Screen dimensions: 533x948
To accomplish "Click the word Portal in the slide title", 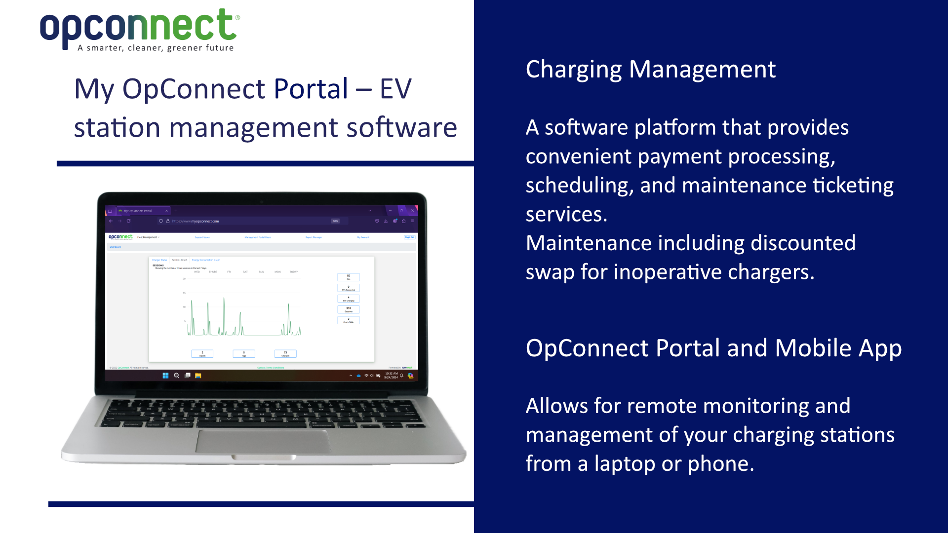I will click(x=311, y=89).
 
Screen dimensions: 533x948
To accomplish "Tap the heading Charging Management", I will click(x=650, y=70).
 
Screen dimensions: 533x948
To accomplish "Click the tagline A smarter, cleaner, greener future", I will click(x=156, y=48).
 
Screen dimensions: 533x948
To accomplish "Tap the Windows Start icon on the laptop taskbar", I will click(x=165, y=376).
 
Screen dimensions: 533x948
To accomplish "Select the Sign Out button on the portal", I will click(x=409, y=237).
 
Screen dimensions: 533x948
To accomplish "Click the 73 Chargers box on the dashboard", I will click(x=285, y=353).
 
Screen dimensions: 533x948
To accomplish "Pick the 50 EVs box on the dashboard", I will click(x=348, y=277).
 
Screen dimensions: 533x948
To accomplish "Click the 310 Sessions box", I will click(x=348, y=309).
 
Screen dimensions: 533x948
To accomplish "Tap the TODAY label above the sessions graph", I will click(x=294, y=272).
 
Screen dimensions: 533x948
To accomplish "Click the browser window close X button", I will click(x=413, y=211).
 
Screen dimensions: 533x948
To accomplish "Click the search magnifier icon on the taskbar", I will click(x=176, y=376).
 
